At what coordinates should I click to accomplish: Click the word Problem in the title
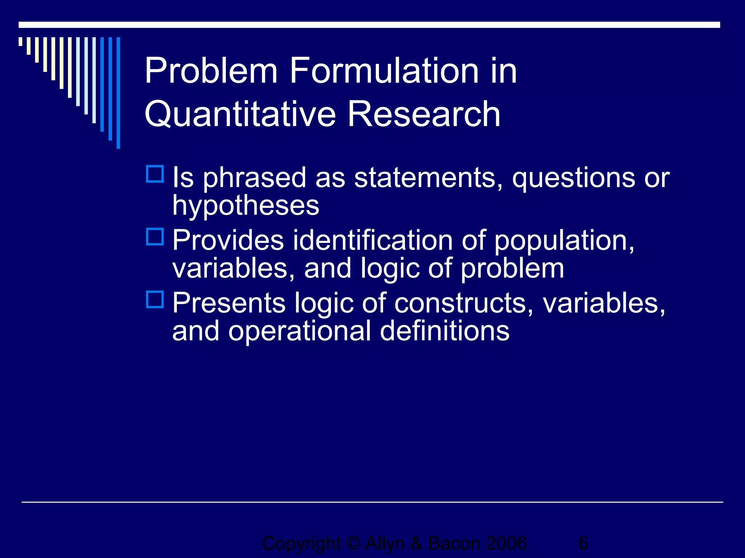coord(211,71)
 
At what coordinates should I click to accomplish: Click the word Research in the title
coord(424,114)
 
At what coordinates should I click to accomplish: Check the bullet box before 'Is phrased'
coord(155,174)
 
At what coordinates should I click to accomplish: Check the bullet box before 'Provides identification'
coord(155,236)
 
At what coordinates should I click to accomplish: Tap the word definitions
coord(445,331)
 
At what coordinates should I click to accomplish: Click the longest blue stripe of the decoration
coord(118,93)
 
